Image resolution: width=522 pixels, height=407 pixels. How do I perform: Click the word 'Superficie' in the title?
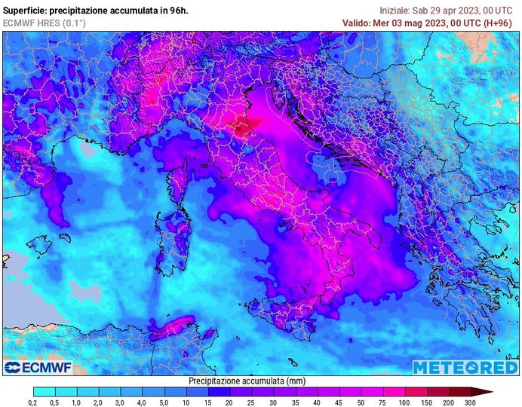coord(23,11)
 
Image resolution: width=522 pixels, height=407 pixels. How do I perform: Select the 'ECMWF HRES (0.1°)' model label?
coord(44,23)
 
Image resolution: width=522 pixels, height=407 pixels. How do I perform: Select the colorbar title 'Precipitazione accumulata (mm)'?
coord(247,381)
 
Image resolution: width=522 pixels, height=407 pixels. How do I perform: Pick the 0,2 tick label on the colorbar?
coord(33,402)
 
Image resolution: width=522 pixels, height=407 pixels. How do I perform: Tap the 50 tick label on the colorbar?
coord(339,402)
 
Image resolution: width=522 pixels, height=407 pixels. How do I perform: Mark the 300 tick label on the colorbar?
coord(470,402)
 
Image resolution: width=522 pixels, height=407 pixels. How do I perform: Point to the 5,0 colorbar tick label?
coord(164,402)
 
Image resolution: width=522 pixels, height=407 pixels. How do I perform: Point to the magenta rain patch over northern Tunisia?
coord(173,327)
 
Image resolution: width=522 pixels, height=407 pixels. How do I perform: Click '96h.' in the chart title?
coord(177,11)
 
